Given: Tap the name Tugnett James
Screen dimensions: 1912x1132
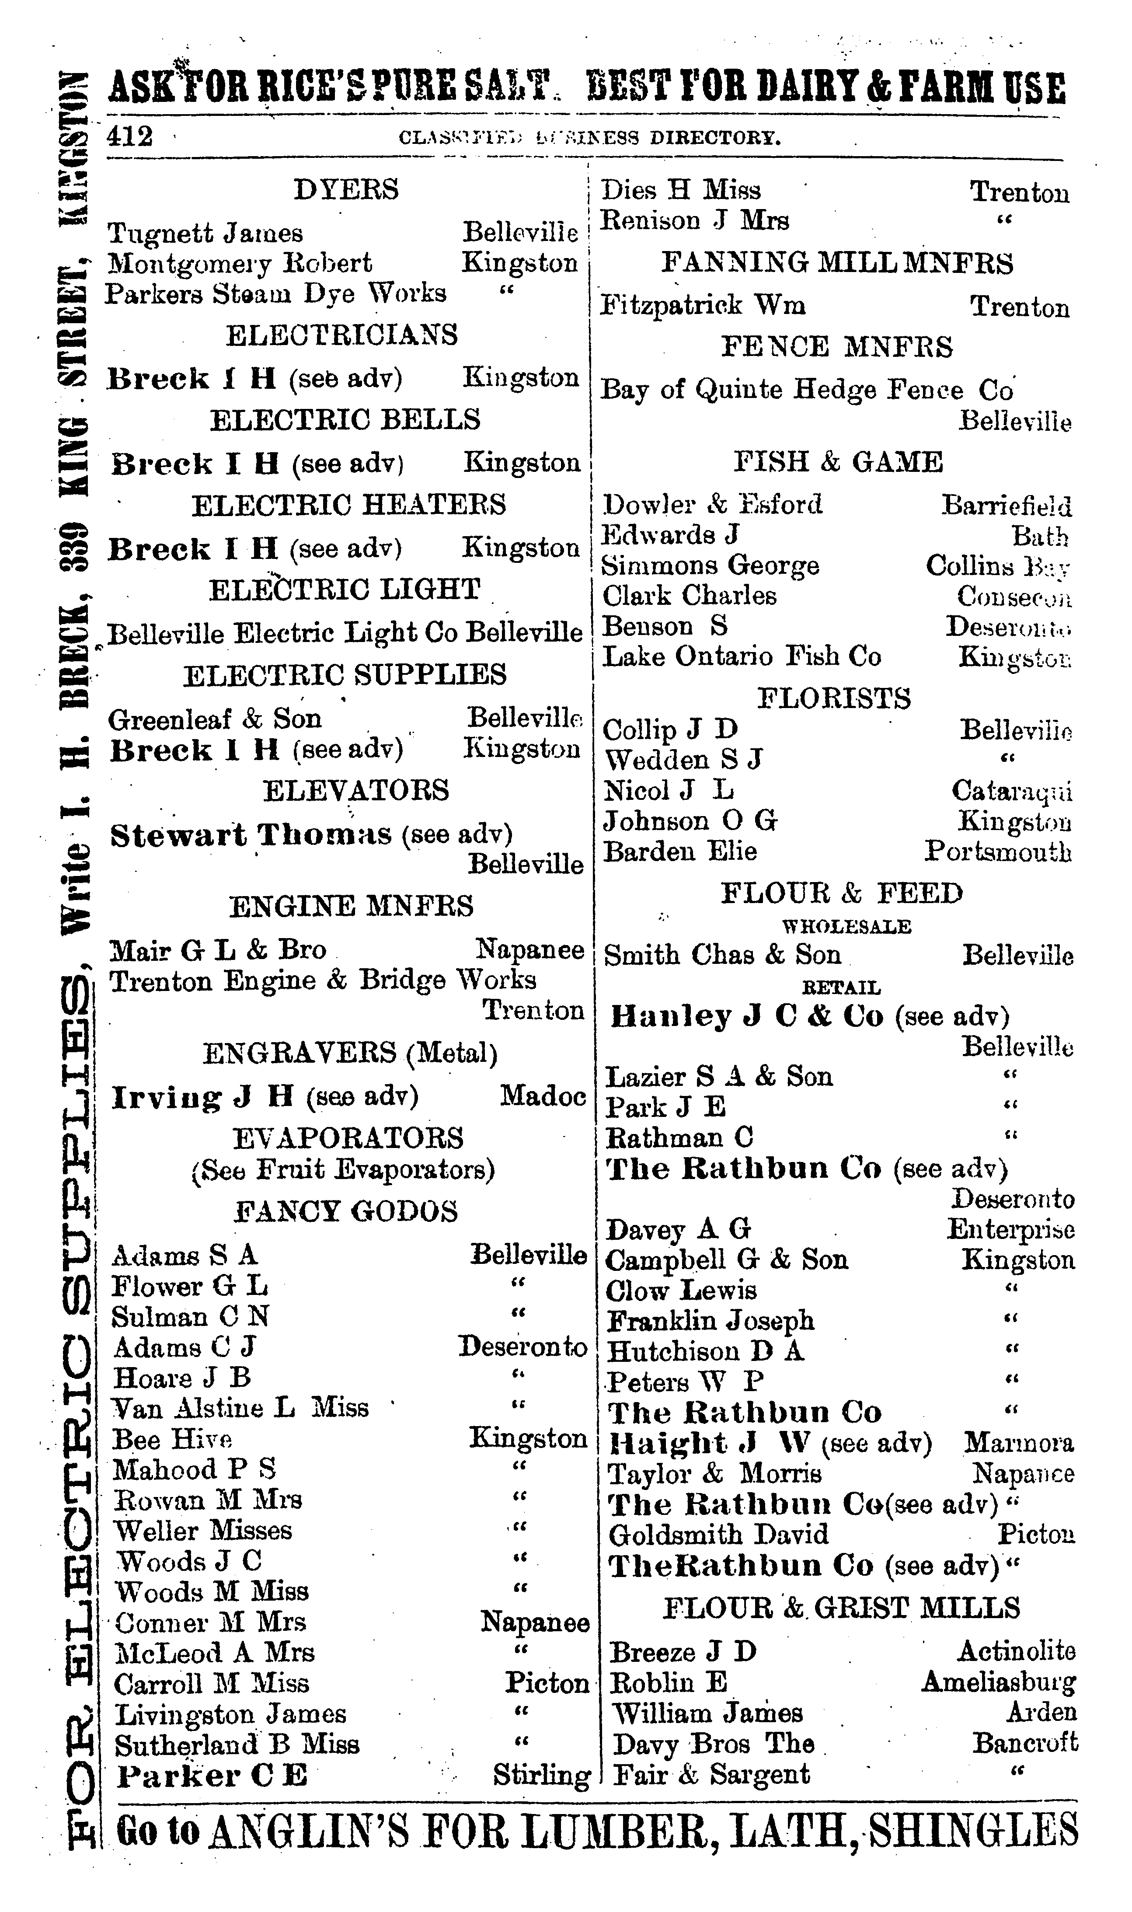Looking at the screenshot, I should [205, 233].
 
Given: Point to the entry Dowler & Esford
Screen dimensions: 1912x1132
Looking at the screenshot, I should [712, 504].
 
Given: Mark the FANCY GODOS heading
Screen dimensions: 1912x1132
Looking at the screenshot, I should [345, 1211].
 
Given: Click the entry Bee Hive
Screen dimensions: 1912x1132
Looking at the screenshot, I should [172, 1439].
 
